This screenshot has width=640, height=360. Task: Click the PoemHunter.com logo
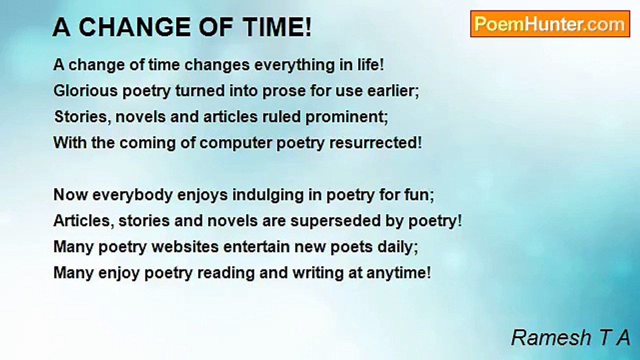[550, 24]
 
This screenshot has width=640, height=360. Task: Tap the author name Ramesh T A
[570, 337]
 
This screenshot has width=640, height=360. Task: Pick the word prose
[284, 91]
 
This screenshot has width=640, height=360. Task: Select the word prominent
[346, 117]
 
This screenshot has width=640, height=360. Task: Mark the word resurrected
[375, 143]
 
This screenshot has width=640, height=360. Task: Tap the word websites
[185, 247]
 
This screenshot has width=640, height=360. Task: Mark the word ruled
[281, 117]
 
